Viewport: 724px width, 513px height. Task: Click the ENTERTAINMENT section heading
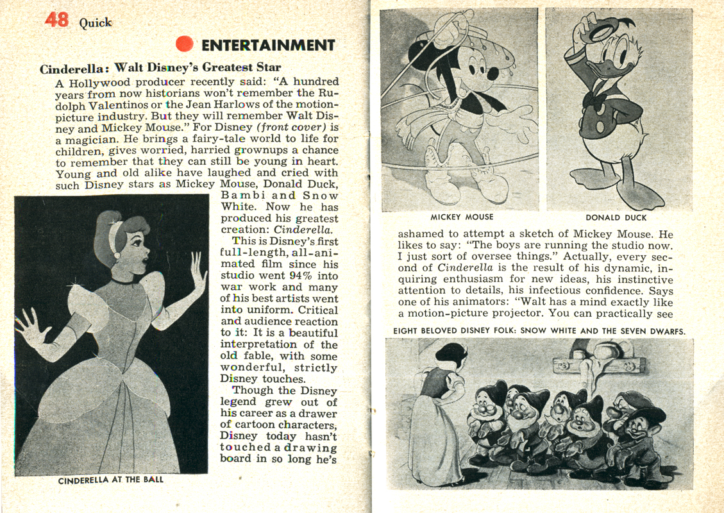(268, 45)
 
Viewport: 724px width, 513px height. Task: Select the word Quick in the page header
(96, 23)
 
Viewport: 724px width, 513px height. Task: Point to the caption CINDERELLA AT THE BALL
(111, 480)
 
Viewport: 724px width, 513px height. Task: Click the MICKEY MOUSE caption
(462, 217)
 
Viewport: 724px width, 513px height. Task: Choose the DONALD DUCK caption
(616, 217)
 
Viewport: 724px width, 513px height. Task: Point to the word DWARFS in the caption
(666, 332)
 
